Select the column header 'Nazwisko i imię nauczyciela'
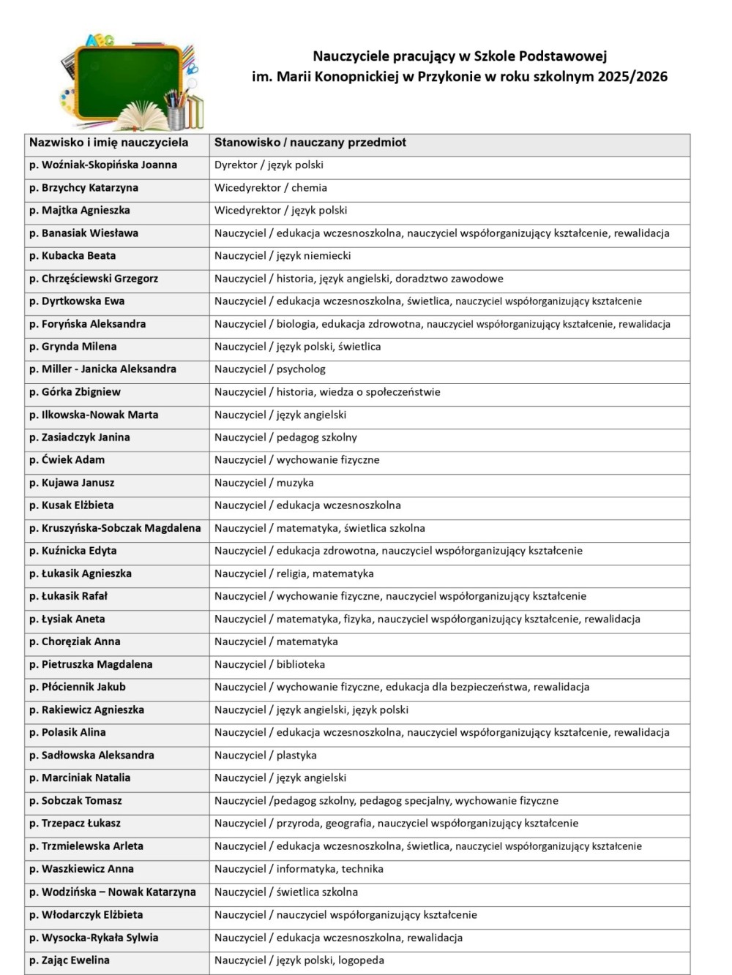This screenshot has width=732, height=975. point(108,143)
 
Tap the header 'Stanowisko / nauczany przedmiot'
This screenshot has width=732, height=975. point(310,143)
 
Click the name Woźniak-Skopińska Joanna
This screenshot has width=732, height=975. point(103,165)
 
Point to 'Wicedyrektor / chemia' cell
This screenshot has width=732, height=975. point(271,188)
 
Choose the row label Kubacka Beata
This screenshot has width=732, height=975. point(72,256)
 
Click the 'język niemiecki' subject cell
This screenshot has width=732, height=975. point(283,256)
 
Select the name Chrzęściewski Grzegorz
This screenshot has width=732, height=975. point(94,279)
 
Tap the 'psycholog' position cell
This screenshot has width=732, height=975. point(269,369)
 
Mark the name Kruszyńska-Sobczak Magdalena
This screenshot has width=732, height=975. point(115,528)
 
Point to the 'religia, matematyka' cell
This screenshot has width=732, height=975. point(294,573)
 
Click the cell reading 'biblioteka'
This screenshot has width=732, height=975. point(269,664)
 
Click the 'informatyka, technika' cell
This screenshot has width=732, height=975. point(299,869)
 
